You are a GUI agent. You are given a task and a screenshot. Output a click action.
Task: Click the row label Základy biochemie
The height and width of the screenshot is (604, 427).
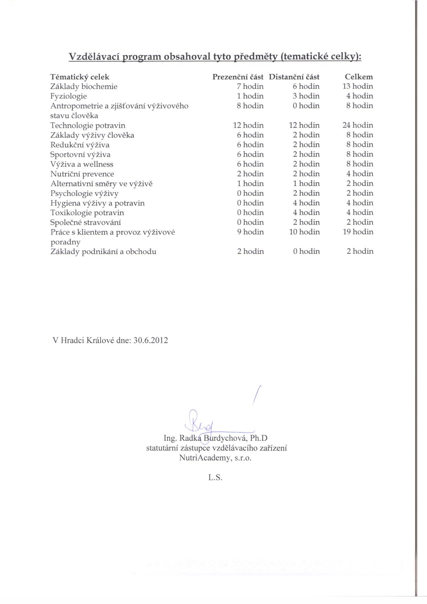point(84,87)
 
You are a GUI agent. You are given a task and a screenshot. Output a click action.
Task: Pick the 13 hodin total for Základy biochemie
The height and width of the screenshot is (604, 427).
point(358,86)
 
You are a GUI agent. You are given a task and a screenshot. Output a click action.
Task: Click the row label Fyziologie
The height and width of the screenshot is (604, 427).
point(68,96)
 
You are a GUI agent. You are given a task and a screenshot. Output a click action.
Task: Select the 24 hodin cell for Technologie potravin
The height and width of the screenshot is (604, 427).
point(358,125)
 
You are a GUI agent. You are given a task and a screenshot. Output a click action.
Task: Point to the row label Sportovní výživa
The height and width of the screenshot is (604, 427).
point(80,155)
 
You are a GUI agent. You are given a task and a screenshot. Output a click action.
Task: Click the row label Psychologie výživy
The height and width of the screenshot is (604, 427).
point(84,194)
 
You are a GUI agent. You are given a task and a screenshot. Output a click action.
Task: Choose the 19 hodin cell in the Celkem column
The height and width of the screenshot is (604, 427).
point(358,232)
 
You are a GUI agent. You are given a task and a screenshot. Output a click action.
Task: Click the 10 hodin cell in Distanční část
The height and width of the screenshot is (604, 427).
point(304,232)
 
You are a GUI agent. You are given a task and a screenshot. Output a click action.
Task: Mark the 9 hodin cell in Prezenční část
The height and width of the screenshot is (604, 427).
point(250,232)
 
